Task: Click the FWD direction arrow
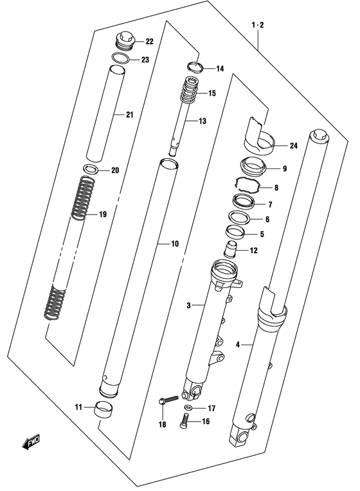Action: pos(31,442)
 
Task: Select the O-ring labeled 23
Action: pos(121,58)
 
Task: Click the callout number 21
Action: pos(130,115)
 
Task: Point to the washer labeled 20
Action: pos(91,169)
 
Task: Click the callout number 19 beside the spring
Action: pos(103,215)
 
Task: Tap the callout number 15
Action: pos(212,93)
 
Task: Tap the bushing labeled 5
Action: pos(235,233)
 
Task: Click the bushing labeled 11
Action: pos(104,410)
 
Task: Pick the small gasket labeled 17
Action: pos(188,407)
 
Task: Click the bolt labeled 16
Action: pos(184,420)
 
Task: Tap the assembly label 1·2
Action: pos(258,25)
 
